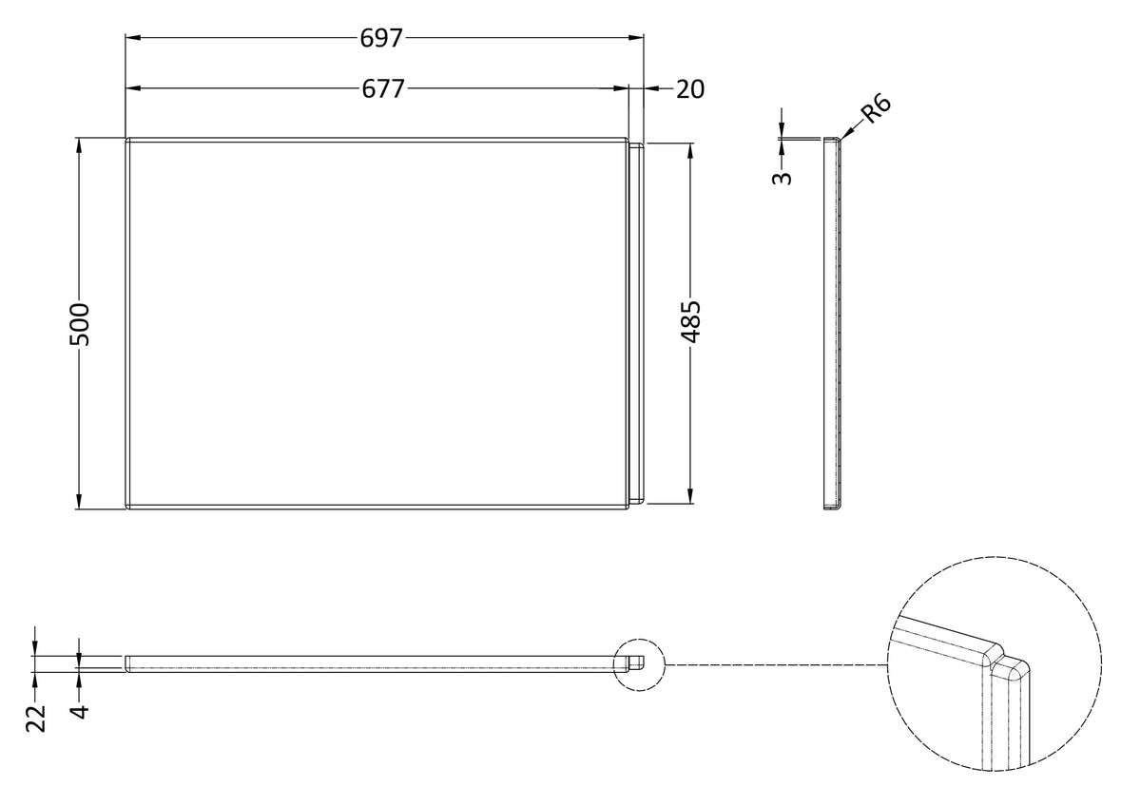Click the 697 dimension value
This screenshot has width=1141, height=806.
pos(382,38)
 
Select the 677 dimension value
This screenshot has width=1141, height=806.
pos(383,88)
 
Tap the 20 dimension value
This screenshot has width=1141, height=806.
pos(690,88)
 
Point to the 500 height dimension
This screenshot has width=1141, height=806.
pos(80,323)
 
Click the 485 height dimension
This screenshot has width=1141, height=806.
pos(691,321)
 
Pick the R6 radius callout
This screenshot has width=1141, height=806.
pos(875,109)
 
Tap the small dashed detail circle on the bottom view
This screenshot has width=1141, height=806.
pos(639,662)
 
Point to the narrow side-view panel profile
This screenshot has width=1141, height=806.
pos(834,323)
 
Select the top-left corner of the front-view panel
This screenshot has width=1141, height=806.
pos(128,140)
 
